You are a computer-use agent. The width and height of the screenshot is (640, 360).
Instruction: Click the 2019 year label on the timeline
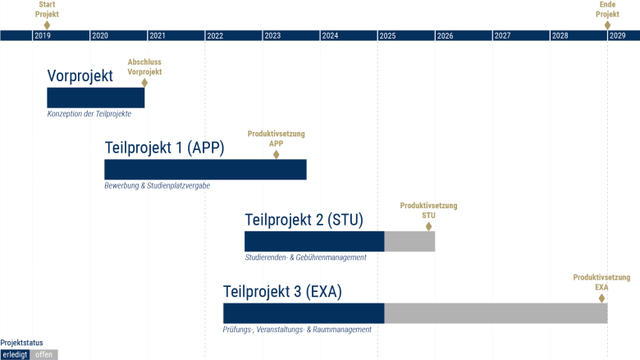(x=43, y=36)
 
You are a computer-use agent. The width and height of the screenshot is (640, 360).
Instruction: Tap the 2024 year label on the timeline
(x=330, y=36)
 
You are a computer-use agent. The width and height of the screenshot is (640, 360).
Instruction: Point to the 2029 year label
(x=617, y=36)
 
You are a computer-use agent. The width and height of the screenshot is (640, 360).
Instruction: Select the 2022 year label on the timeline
(x=215, y=36)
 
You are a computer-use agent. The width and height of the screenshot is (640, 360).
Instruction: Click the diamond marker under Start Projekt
(x=47, y=25)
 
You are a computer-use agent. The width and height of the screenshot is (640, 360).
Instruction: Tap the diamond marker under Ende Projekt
(x=607, y=25)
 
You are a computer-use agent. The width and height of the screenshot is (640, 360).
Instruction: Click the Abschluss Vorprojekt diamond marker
(x=144, y=83)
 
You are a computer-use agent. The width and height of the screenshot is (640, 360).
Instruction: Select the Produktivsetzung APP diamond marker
(x=276, y=154)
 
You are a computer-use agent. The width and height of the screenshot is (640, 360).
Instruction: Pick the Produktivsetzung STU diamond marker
(x=428, y=226)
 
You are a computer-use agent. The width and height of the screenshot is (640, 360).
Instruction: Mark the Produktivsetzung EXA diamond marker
(x=601, y=298)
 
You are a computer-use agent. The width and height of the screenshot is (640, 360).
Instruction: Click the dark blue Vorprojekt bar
(x=95, y=98)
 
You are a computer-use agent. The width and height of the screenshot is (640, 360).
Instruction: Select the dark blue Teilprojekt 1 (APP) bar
(x=205, y=170)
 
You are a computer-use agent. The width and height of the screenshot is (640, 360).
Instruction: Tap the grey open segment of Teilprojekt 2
(x=409, y=241)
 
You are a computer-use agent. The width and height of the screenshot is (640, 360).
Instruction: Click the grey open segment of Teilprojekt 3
(x=496, y=313)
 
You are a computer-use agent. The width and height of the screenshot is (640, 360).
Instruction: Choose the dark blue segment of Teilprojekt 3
(x=304, y=313)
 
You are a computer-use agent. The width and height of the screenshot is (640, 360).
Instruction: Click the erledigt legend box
(x=15, y=355)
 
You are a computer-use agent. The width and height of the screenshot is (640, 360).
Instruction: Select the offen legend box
(x=43, y=355)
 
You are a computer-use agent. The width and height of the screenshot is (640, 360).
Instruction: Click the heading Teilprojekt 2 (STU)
(x=304, y=220)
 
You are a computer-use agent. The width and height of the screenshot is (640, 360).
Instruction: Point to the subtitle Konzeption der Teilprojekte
(x=89, y=114)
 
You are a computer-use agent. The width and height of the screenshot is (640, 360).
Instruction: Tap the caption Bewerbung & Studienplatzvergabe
(x=158, y=185)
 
